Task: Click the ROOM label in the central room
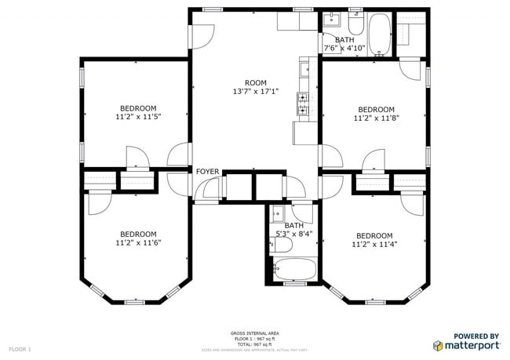point(255,83)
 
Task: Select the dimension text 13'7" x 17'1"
point(255,92)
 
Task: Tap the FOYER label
point(207,172)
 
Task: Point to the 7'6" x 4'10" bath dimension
point(344,48)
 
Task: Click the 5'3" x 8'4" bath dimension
point(294,234)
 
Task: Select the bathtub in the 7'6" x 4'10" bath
point(380,35)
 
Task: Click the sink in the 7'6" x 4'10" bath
point(331,20)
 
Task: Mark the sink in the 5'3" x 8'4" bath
point(276,214)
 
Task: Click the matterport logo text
point(473,345)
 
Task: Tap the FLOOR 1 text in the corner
point(20,348)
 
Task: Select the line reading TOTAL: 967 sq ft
point(254,344)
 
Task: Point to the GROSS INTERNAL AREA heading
point(254,333)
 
